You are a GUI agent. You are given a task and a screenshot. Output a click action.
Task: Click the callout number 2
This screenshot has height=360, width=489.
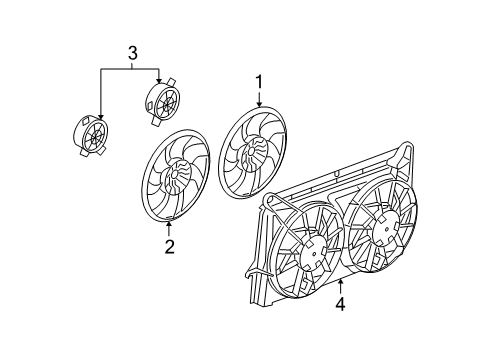point(169,247)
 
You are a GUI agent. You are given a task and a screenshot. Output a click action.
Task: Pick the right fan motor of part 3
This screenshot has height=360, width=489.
point(162,102)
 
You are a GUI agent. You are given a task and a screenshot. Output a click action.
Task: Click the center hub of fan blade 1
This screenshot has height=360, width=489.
point(249,154)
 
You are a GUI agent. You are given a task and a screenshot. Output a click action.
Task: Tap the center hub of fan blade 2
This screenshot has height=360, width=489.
point(171,181)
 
